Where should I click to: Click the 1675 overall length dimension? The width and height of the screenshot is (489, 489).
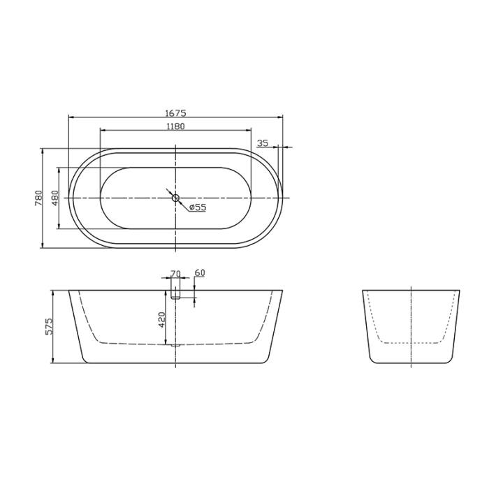coord(175,112)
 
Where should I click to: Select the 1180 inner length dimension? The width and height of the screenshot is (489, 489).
coord(175,126)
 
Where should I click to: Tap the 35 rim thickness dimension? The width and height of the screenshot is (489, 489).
coord(263,143)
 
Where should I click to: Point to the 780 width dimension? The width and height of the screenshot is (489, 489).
coord(38,198)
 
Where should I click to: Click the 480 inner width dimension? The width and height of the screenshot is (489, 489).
coord(54,198)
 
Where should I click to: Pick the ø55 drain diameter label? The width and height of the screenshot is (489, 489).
coord(197,207)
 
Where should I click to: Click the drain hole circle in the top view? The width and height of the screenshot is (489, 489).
coord(175,198)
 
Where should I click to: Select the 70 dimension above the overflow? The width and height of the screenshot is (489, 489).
coord(175,273)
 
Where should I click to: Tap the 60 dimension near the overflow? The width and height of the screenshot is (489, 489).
coord(199,273)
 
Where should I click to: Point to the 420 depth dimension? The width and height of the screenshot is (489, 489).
coord(161,319)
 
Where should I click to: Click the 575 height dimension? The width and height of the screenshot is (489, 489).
coord(49,326)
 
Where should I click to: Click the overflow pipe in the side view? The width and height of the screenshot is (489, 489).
coord(175,289)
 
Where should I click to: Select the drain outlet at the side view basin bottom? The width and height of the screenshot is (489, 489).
coord(175,344)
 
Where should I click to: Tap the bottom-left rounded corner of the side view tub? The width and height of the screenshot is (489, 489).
coord(85,360)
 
